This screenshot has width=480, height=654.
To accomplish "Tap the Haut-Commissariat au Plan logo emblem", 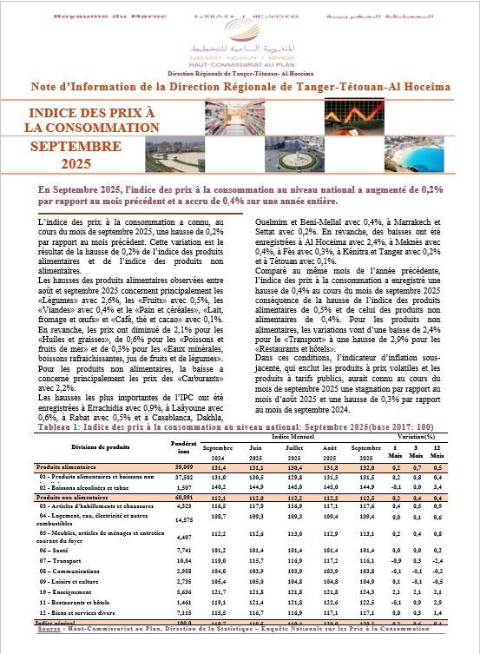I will tap(240, 33).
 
